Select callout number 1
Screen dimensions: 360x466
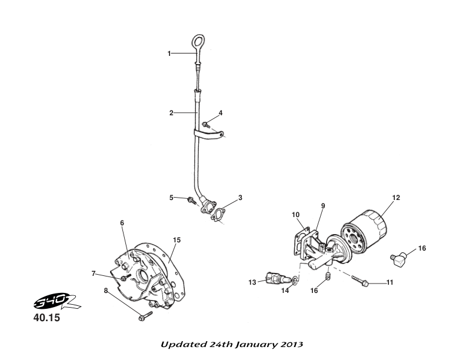pyautogui.click(x=169, y=54)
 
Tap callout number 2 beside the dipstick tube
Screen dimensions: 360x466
pyautogui.click(x=171, y=113)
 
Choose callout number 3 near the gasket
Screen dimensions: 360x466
pyautogui.click(x=240, y=197)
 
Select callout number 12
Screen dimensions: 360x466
pyautogui.click(x=396, y=198)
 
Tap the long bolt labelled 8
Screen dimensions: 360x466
pyautogui.click(x=144, y=317)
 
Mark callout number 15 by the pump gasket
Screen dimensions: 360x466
pyautogui.click(x=177, y=239)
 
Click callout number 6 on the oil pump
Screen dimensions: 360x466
pyautogui.click(x=122, y=223)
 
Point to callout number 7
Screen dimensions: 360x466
pyautogui.click(x=94, y=272)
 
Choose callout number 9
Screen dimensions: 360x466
pyautogui.click(x=322, y=206)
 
